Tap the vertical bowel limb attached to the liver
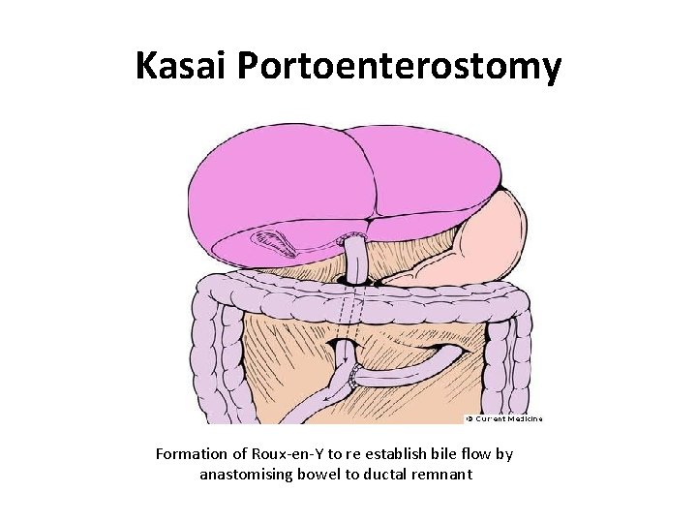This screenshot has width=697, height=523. pyautogui.click(x=356, y=258)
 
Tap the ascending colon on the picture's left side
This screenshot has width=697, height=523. pyautogui.click(x=219, y=358)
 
